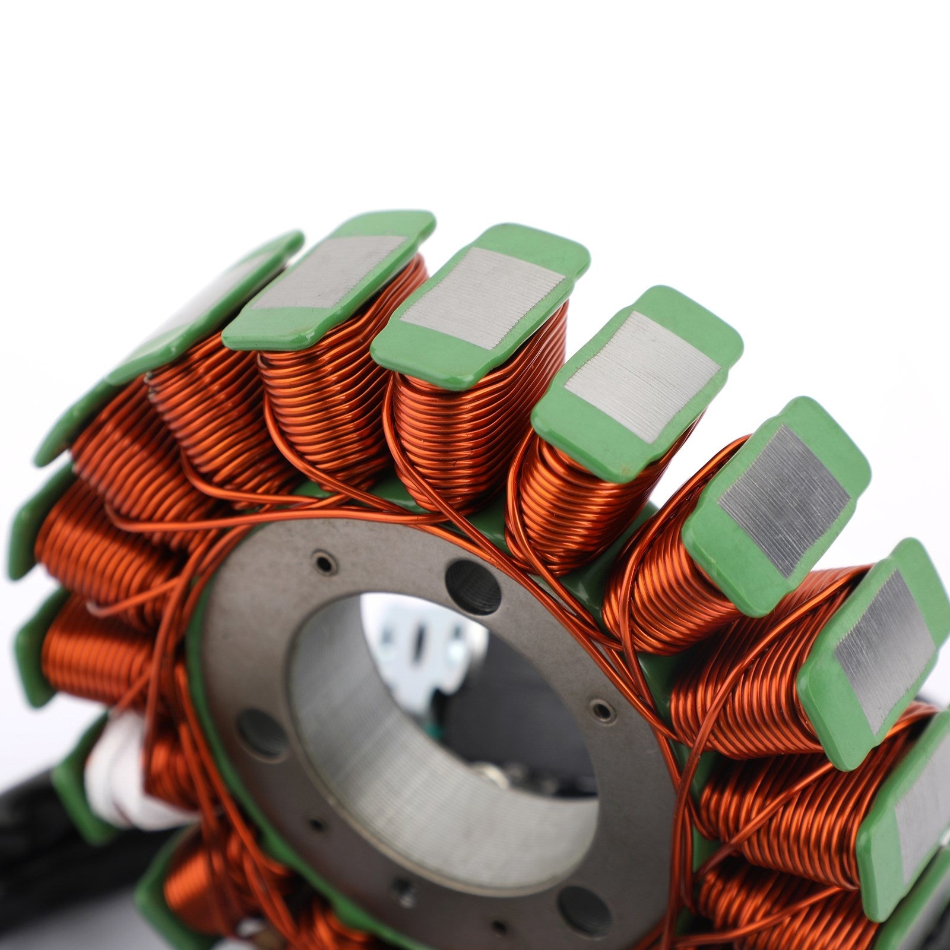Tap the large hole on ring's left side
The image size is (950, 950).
pyautogui.click(x=262, y=733)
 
